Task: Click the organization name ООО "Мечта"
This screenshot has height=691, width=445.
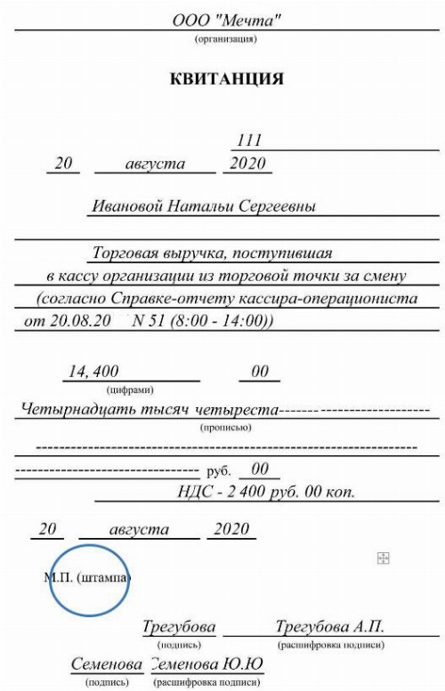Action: pos(226,20)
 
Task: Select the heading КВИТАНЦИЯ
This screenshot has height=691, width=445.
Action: pos(226,79)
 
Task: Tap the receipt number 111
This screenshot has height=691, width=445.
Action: pos(249,141)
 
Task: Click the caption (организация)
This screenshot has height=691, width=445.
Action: pos(226,39)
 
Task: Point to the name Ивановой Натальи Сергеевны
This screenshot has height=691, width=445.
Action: pos(205,206)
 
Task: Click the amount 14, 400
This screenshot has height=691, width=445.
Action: pos(93,372)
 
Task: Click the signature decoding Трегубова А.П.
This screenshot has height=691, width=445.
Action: pos(330,628)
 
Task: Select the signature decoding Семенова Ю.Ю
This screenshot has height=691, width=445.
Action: pos(206,665)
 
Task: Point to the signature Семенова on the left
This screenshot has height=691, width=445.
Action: pos(107,665)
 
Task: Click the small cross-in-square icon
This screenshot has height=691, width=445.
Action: pos(384,558)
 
